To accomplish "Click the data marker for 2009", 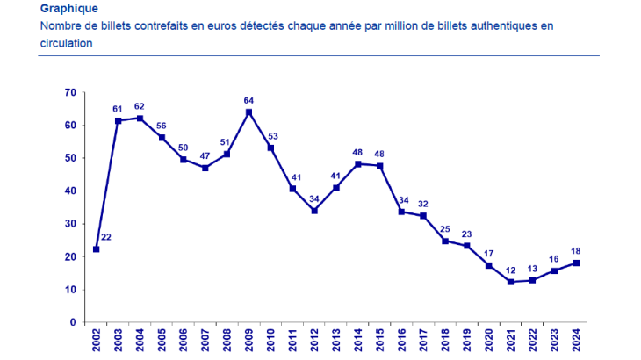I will coord(249,112).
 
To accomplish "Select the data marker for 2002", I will coord(96,249).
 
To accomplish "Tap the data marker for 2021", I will coord(510,282).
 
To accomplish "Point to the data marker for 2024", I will coord(577,263).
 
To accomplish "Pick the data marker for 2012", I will coord(314,211).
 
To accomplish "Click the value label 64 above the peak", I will coord(249,100).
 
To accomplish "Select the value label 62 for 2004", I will coord(140,106).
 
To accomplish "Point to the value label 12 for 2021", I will coord(510,270).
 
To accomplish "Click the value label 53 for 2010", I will coord(271,135).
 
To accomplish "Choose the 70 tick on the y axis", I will coord(70,92).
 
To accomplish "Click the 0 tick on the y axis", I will coord(74,322).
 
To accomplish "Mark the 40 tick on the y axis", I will coord(70,191).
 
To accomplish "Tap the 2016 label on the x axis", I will coord(401,340).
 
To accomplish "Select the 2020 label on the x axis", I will coord(489,340).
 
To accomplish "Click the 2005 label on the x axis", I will coord(162,340).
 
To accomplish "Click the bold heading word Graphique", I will coord(69,9).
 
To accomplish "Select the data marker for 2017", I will coord(423,216).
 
